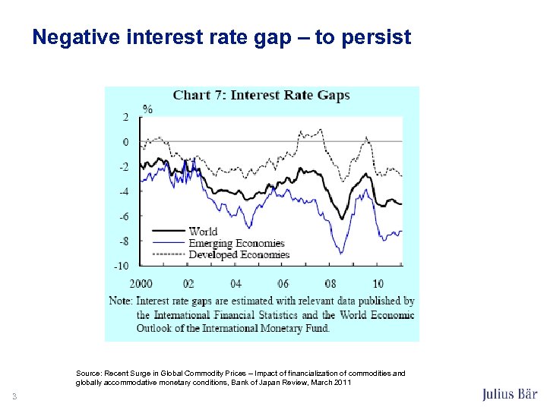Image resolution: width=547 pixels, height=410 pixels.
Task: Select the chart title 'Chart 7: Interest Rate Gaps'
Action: (x=261, y=95)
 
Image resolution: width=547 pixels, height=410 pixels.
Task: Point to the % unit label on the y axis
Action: (x=147, y=109)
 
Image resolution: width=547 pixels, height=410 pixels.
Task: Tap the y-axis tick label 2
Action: (x=125, y=117)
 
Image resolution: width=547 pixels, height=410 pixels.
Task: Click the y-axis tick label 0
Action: (x=125, y=142)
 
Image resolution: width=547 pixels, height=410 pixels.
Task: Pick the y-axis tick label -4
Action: (x=123, y=191)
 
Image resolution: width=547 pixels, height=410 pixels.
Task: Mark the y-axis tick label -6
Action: (x=123, y=216)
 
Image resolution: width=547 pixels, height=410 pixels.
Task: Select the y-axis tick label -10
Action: (x=121, y=266)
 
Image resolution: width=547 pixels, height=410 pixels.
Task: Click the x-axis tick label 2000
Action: (x=142, y=283)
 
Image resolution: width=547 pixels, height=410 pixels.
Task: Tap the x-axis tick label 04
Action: (x=236, y=283)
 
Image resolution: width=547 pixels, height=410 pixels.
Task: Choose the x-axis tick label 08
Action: (x=330, y=283)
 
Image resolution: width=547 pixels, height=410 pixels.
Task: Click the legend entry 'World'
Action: (x=203, y=232)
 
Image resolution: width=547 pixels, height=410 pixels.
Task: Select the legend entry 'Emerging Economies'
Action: (x=236, y=243)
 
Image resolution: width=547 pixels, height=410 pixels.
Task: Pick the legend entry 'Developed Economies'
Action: (x=239, y=254)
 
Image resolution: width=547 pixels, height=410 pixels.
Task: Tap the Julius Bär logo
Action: (x=510, y=394)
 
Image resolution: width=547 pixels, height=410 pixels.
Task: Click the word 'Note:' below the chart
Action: (x=121, y=301)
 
